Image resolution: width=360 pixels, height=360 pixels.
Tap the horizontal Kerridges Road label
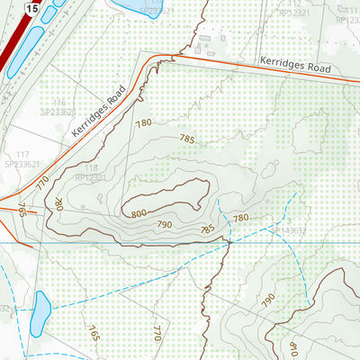tap(295, 65)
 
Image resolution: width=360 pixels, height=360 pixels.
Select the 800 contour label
tap(138, 214)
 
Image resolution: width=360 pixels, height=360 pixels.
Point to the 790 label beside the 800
tap(165, 224)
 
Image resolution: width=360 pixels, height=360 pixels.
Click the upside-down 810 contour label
tap(292, 346)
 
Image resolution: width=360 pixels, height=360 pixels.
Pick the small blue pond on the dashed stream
tap(40, 311)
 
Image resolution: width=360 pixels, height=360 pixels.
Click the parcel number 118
tap(90, 168)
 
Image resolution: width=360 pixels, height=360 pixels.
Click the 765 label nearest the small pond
tap(94, 331)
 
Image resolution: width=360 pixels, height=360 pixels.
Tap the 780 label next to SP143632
tap(241, 219)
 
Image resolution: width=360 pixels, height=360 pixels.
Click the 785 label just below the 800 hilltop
tap(206, 230)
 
